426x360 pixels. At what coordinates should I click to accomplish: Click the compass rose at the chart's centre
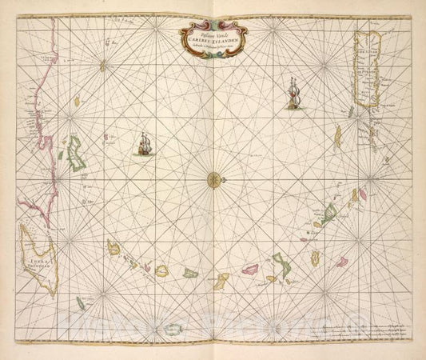pyautogui.click(x=213, y=179)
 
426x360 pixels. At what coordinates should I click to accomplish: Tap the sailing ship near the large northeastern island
pyautogui.click(x=292, y=94)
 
